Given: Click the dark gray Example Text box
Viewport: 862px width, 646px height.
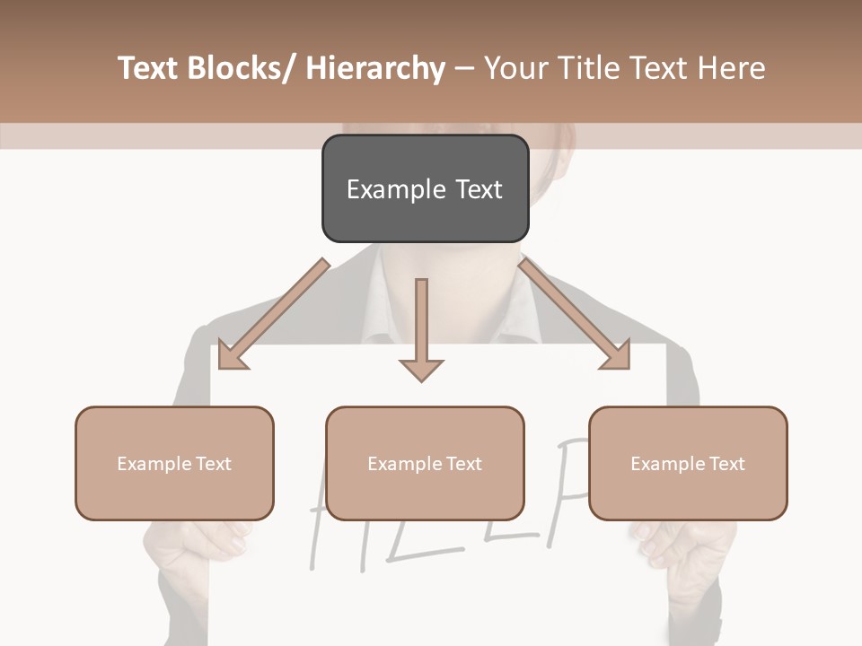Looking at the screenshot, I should [x=425, y=188].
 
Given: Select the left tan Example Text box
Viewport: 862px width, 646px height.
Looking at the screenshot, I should [x=174, y=463].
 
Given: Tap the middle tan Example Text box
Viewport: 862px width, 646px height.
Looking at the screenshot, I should [x=425, y=463].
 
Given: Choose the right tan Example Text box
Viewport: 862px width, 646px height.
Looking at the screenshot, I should [x=688, y=463].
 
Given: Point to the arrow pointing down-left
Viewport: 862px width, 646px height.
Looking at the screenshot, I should [x=273, y=314].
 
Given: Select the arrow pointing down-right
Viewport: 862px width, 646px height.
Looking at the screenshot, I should [x=575, y=314].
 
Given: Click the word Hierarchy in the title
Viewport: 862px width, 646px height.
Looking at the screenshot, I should [x=375, y=68].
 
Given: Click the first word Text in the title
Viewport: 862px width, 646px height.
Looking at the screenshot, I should [x=148, y=68].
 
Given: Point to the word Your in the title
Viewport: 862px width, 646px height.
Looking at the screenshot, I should [x=515, y=68].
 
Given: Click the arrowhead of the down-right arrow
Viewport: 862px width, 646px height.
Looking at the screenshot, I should [x=617, y=354].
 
